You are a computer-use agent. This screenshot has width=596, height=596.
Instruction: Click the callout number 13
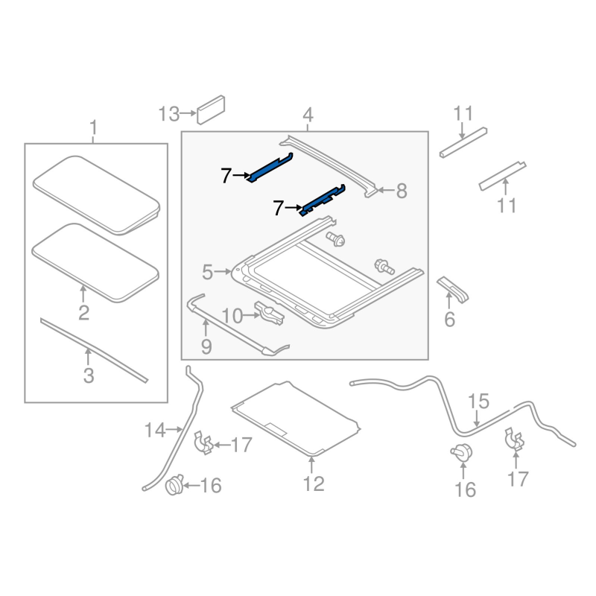pyautogui.click(x=168, y=115)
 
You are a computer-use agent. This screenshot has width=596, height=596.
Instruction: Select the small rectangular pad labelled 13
pyautogui.click(x=212, y=107)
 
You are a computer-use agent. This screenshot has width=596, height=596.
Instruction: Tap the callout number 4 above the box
pyautogui.click(x=308, y=115)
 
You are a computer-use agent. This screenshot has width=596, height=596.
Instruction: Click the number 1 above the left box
pyautogui.click(x=94, y=127)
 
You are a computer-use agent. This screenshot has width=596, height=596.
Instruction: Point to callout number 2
pyautogui.click(x=83, y=313)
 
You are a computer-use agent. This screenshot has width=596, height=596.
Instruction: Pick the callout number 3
pyautogui.click(x=89, y=375)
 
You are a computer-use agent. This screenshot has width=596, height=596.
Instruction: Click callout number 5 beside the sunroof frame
pyautogui.click(x=207, y=272)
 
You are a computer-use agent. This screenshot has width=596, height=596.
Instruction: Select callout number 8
pyautogui.click(x=402, y=191)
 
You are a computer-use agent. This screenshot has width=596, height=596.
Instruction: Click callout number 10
pyautogui.click(x=231, y=317)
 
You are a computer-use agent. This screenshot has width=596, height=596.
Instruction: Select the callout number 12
pyautogui.click(x=314, y=484)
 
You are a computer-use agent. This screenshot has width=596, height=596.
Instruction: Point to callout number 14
pyautogui.click(x=154, y=429)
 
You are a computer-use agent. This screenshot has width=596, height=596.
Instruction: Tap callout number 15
pyautogui.click(x=478, y=402)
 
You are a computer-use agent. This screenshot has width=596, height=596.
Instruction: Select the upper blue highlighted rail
pyautogui.click(x=270, y=168)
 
